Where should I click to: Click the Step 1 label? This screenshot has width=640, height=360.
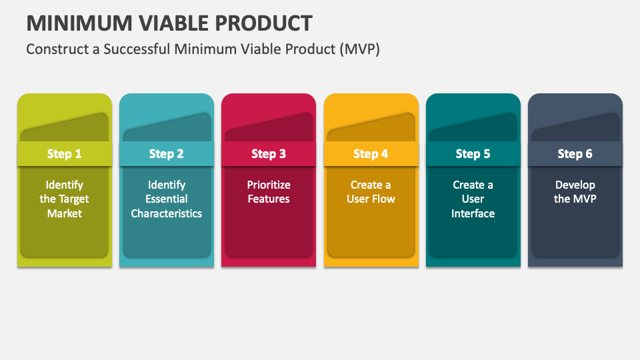64,154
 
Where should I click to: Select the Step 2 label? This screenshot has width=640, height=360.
166,154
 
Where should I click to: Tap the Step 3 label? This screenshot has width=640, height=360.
269,154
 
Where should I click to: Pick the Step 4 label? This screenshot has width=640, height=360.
371,154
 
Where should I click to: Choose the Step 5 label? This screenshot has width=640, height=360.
473,154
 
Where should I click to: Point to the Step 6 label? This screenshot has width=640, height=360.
575,154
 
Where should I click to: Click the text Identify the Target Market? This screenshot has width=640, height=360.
64,199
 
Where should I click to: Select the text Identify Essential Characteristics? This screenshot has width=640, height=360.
166,199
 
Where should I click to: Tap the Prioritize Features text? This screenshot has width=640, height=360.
269,192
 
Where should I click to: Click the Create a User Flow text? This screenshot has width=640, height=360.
371,192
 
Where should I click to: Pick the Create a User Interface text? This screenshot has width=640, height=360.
473,199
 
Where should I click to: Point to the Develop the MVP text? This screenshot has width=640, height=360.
575,192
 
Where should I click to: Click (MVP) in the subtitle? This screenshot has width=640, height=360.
359,49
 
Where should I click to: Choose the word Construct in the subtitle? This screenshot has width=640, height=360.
55,49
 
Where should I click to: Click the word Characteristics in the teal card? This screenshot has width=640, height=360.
166,213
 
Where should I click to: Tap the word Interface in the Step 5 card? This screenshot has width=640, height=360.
473,213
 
